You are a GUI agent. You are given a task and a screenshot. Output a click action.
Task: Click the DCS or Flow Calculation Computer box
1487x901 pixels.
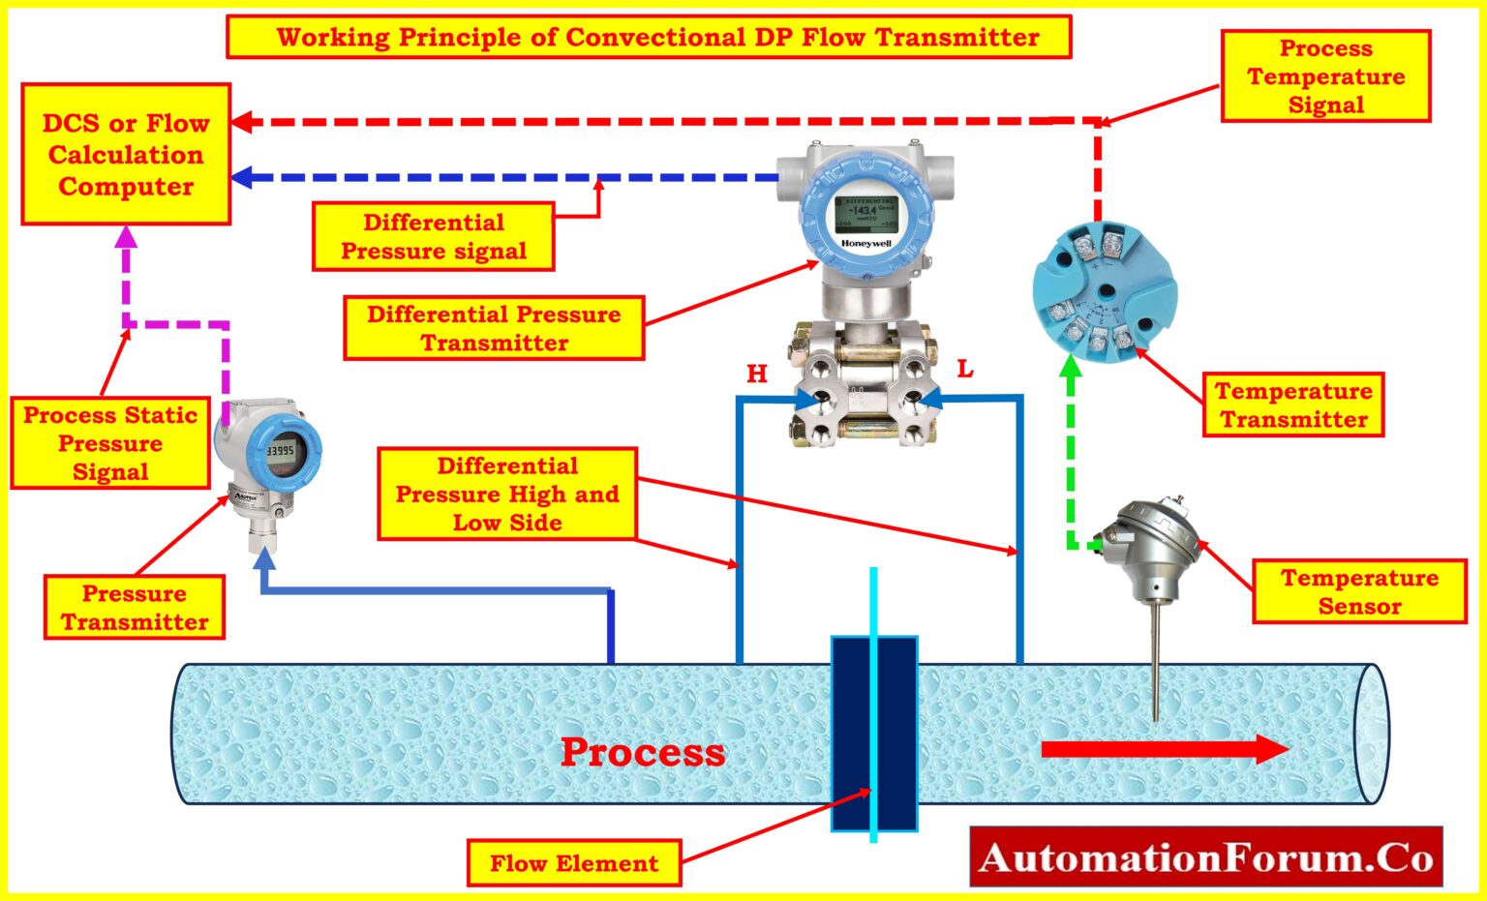pyautogui.click(x=126, y=155)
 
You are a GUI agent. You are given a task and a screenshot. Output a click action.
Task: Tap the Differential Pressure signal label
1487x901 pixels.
pyautogui.click(x=433, y=237)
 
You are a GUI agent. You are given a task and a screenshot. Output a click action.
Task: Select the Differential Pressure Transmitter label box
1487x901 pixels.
pyautogui.click(x=494, y=328)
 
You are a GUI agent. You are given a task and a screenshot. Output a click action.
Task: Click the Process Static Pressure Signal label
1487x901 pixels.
pyautogui.click(x=110, y=443)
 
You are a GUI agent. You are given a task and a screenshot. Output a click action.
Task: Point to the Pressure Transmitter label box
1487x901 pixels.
pyautogui.click(x=135, y=608)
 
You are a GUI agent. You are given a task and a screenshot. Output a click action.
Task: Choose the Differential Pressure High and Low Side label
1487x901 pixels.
pyautogui.click(x=507, y=494)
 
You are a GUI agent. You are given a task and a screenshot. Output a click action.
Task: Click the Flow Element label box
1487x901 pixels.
pyautogui.click(x=574, y=863)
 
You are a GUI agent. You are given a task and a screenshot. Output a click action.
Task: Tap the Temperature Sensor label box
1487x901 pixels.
pyautogui.click(x=1359, y=591)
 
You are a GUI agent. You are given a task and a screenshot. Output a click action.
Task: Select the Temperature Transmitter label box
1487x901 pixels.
pyautogui.click(x=1293, y=405)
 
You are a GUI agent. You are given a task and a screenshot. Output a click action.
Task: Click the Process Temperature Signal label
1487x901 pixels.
pyautogui.click(x=1325, y=76)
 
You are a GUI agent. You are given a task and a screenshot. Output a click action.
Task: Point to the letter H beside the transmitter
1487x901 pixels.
pyautogui.click(x=757, y=374)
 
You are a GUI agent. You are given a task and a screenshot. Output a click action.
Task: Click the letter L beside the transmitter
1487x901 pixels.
pyautogui.click(x=964, y=369)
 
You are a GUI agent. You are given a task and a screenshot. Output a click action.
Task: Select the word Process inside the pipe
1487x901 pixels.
pyautogui.click(x=643, y=752)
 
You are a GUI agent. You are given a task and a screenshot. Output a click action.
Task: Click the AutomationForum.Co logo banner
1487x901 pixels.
pyautogui.click(x=1205, y=857)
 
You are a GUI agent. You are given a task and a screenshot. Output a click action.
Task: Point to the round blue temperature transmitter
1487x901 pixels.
pyautogui.click(x=1104, y=291)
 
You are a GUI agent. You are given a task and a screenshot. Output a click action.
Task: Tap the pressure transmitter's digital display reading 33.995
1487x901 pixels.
pyautogui.click(x=281, y=451)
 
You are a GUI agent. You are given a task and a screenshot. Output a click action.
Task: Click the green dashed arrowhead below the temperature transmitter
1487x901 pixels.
pyautogui.click(x=1070, y=367)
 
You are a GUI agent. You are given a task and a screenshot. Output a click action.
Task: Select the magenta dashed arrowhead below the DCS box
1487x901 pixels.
pyautogui.click(x=127, y=236)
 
